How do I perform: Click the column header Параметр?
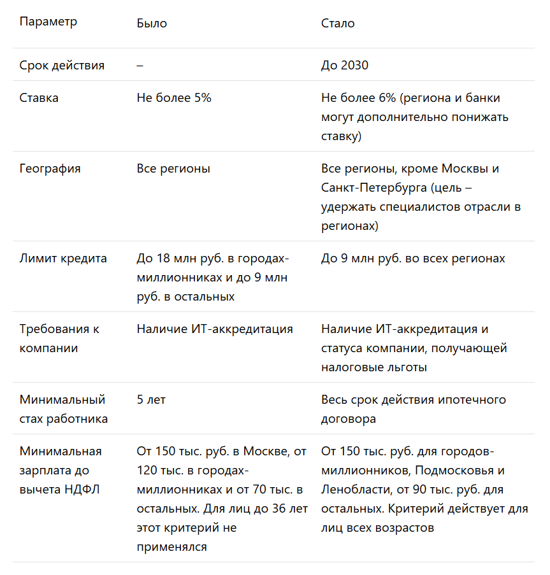click(x=48, y=22)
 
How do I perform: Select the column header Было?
click(x=152, y=24)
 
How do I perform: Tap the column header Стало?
click(x=338, y=24)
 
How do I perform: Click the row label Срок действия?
click(x=62, y=66)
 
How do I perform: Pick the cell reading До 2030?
click(x=345, y=66)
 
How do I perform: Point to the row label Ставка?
click(x=39, y=98)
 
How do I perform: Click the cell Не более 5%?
click(x=174, y=98)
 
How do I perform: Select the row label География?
click(x=50, y=169)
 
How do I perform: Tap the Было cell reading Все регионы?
click(x=173, y=169)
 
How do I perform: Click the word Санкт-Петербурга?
click(x=374, y=188)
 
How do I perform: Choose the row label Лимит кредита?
click(x=63, y=259)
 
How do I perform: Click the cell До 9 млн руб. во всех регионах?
click(x=413, y=259)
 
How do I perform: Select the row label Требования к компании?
click(x=59, y=339)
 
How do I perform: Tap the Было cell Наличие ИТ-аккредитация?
click(x=215, y=329)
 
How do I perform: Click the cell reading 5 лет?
click(x=151, y=400)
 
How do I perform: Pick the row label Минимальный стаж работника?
click(x=63, y=409)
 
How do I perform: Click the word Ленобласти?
click(x=353, y=490)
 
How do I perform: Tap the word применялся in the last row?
click(x=171, y=547)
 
